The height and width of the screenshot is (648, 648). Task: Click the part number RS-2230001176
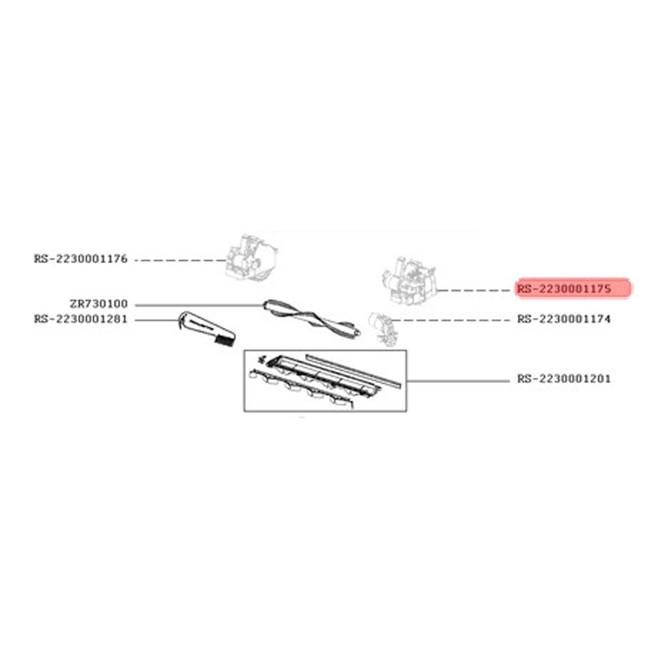(80, 259)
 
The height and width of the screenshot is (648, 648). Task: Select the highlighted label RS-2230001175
(573, 288)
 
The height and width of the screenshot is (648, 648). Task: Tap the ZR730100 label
(98, 304)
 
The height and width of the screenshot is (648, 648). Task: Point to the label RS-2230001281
(80, 319)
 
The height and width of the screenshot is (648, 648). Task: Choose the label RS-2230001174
(564, 319)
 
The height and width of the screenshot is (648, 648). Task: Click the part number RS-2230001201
(564, 378)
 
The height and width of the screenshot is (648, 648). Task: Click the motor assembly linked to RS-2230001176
(251, 259)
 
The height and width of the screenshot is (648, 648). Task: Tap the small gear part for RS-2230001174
(382, 329)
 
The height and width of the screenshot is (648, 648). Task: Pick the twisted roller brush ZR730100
(312, 319)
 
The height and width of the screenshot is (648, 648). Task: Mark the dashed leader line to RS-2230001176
(181, 260)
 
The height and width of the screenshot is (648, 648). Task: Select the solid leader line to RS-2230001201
(458, 380)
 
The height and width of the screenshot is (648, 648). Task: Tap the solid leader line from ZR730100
(200, 305)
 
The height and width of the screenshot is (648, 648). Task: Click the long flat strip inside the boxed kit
(353, 370)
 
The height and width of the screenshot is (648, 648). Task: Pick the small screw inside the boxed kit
(260, 359)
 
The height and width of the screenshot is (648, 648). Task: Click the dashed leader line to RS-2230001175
(475, 290)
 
